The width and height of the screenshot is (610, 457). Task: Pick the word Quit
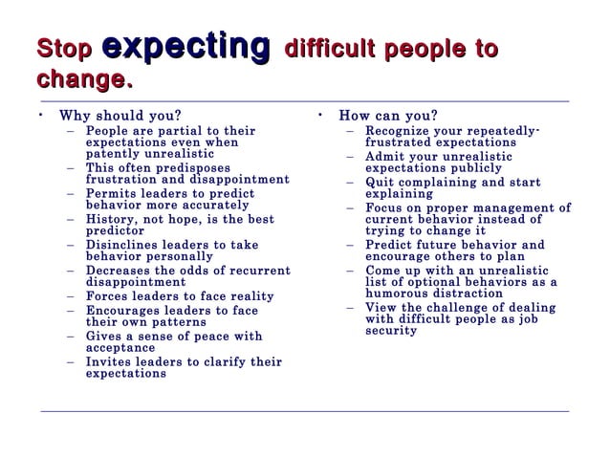381,182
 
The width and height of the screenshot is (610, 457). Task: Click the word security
391,331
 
